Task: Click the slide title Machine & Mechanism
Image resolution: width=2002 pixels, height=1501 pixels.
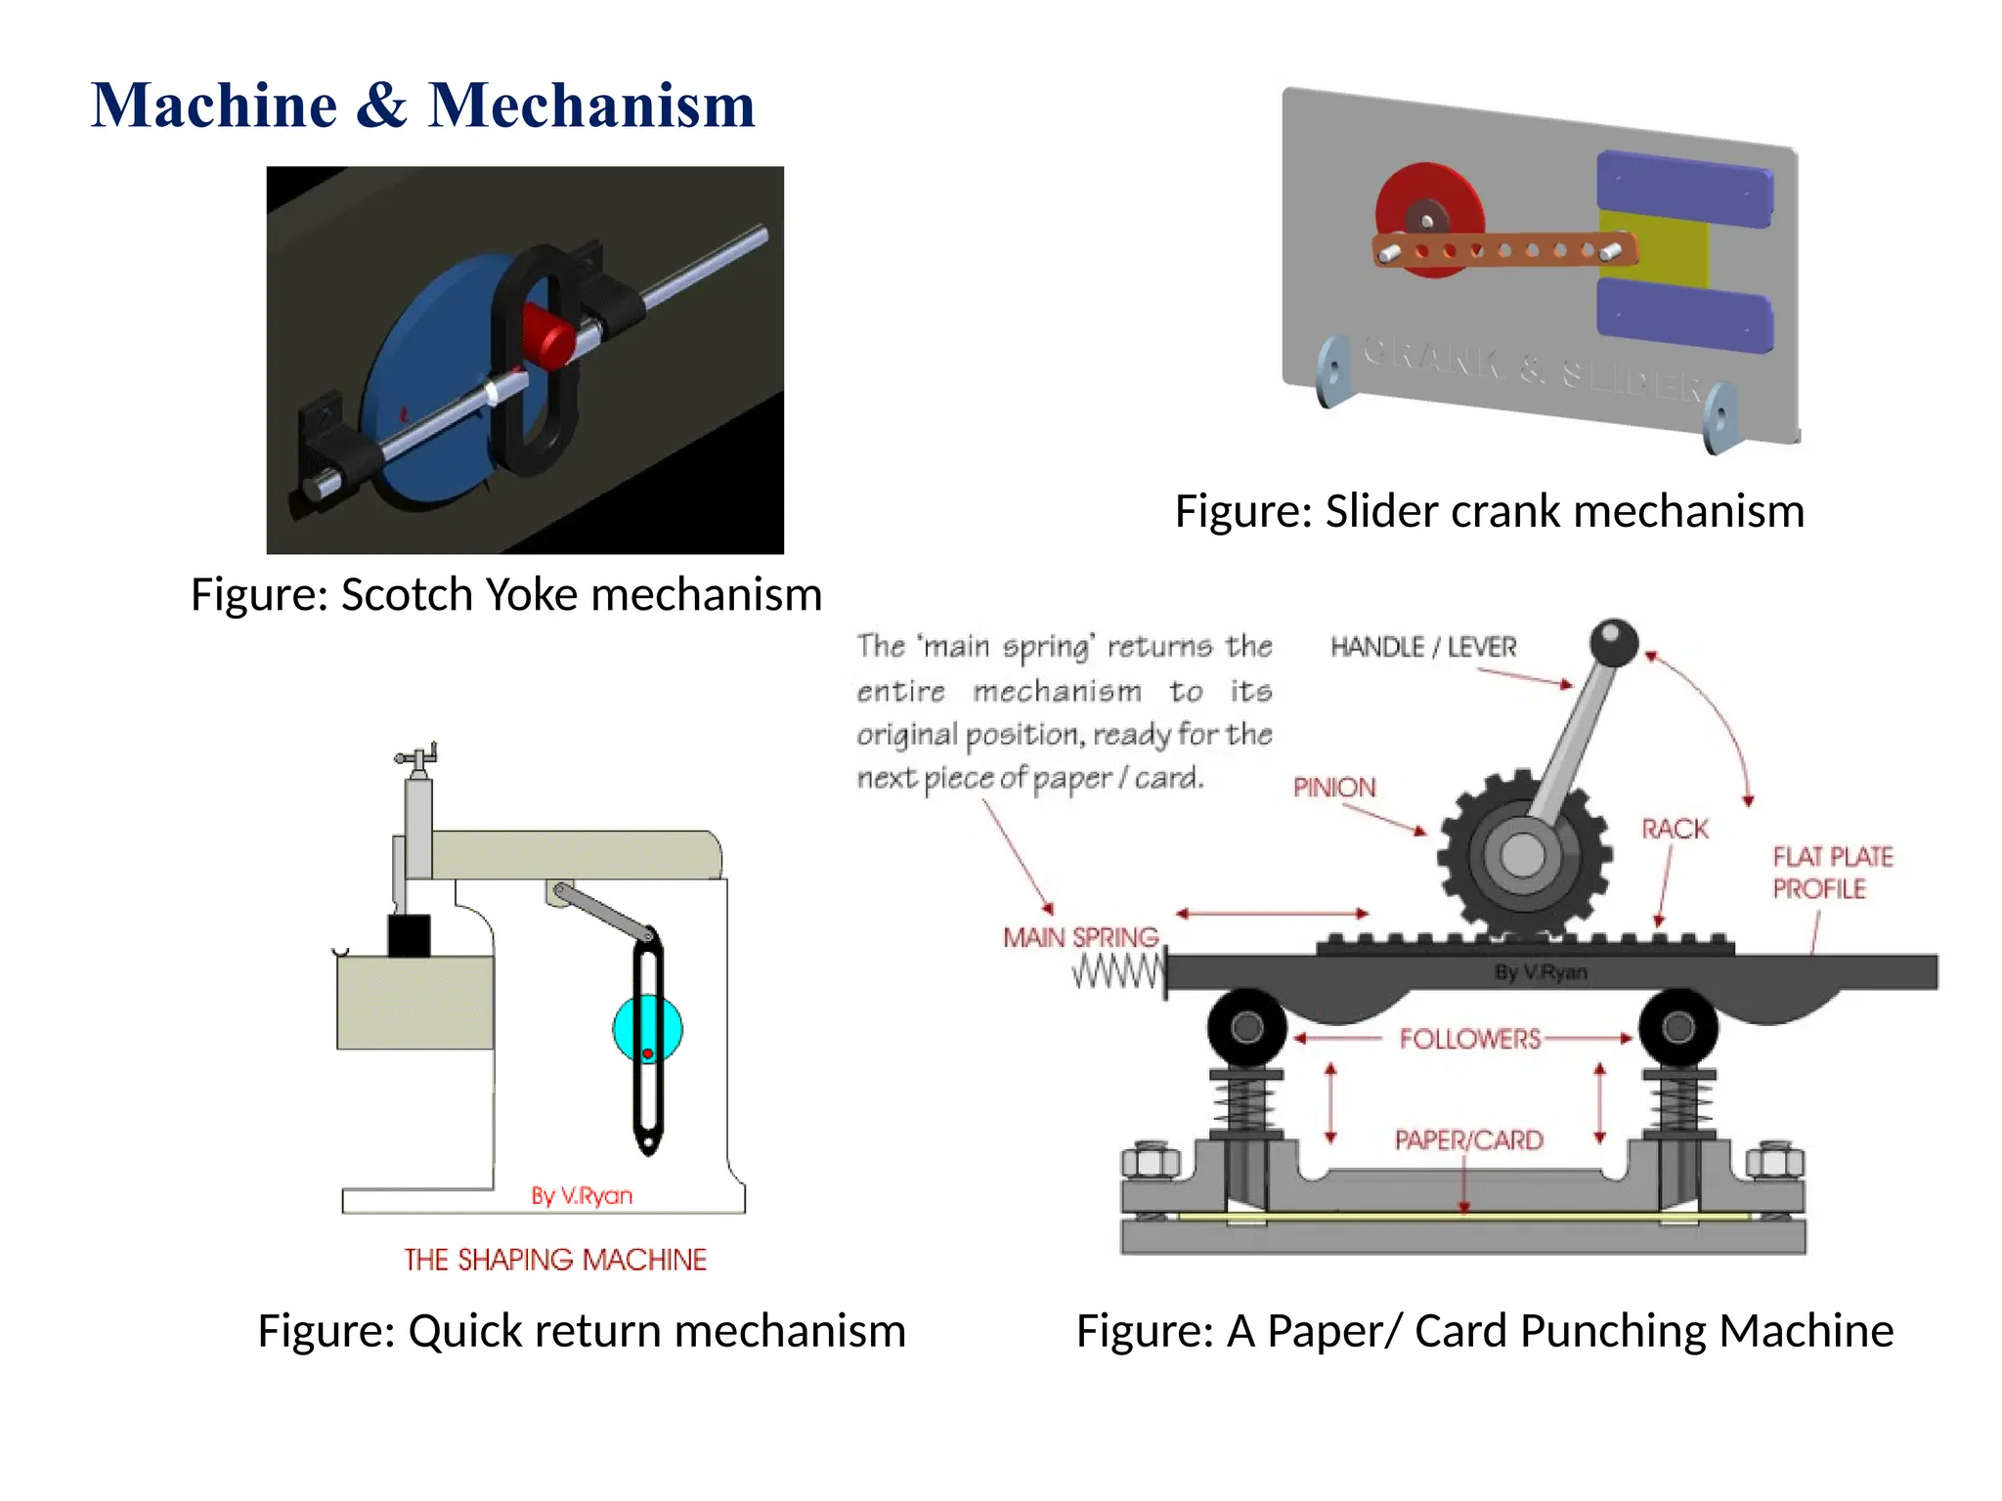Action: coord(422,106)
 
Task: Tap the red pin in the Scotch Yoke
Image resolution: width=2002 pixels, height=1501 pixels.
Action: coord(545,334)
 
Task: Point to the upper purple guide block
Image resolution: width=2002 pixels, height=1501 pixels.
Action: coord(1683,188)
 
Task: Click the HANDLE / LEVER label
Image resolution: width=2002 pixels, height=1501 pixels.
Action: coord(1422,647)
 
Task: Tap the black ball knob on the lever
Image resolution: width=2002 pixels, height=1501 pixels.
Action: coord(1613,641)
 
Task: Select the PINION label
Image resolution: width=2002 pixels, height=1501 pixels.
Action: coord(1333,788)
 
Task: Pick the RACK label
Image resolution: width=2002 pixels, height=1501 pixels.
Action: coord(1675,830)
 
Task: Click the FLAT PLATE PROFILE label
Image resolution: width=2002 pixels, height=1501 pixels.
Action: coord(1831,873)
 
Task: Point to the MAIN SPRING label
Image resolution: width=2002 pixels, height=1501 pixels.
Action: coord(1080,938)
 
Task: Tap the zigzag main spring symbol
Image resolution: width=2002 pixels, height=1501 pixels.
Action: coord(1117,972)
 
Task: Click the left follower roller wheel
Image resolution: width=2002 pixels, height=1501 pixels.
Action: coord(1246,1028)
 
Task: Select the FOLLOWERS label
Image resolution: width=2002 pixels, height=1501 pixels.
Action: coord(1469,1039)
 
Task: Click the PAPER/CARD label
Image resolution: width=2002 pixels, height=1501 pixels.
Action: coord(1468,1140)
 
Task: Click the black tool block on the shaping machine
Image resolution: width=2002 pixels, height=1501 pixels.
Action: coord(409,935)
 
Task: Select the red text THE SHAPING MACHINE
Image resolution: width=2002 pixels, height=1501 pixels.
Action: coord(555,1260)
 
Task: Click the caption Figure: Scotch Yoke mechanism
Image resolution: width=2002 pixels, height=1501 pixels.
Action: coord(505,595)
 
